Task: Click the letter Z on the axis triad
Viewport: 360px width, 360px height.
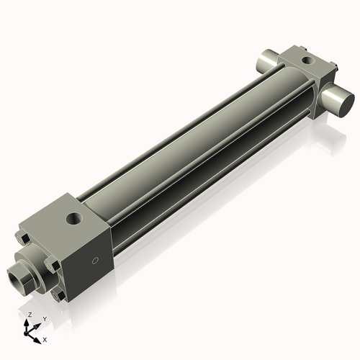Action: (30, 315)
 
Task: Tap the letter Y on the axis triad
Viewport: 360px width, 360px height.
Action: (44, 318)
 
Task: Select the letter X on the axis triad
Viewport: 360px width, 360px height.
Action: (45, 338)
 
